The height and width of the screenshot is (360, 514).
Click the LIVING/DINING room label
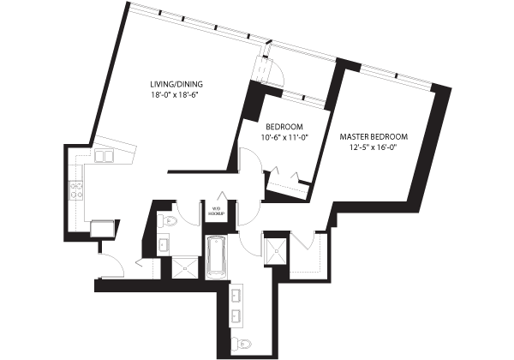[x=176, y=84]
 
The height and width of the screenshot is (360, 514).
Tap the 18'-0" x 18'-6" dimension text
[x=174, y=95]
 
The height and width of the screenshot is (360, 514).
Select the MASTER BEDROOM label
[x=374, y=136]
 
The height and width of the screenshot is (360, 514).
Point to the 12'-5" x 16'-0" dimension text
[x=374, y=147]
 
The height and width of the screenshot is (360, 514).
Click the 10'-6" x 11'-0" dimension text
[x=285, y=137]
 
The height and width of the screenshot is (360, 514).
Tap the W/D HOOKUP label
[x=217, y=211]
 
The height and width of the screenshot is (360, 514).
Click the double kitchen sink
[x=104, y=156]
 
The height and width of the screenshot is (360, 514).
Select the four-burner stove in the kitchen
[x=76, y=191]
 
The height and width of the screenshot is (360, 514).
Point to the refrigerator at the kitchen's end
[x=103, y=228]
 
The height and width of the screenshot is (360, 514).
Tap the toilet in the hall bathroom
[x=166, y=221]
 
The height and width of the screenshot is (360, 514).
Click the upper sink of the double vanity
[x=236, y=295]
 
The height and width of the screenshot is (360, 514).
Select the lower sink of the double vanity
[x=236, y=315]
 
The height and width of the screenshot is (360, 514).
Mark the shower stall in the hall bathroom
[x=185, y=268]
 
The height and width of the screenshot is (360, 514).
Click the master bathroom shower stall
[x=277, y=251]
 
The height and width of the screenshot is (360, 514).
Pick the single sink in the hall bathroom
[x=164, y=244]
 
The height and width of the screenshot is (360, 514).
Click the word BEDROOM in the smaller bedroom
[x=284, y=127]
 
